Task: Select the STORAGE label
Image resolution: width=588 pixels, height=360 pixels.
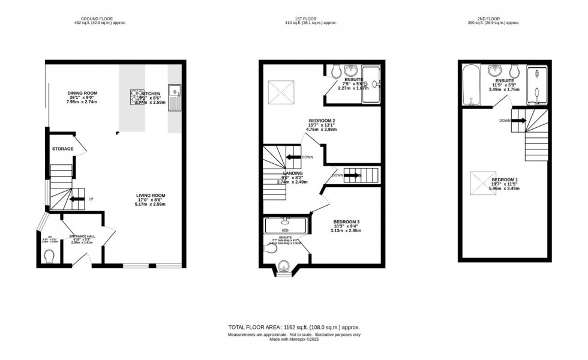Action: [62, 149]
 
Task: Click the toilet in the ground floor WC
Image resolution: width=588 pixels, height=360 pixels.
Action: [50, 257]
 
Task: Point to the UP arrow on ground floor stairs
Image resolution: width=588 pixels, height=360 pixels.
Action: [77, 200]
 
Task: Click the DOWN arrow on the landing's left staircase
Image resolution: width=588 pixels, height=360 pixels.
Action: [293, 157]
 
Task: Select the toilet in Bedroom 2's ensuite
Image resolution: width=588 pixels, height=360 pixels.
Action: [335, 71]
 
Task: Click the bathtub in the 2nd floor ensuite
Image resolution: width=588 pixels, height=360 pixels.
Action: [472, 85]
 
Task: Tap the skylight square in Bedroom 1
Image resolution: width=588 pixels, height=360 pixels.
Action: [481, 181]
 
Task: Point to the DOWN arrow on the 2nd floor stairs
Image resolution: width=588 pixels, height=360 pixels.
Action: [518, 120]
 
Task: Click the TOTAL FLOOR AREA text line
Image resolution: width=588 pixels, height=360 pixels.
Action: [293, 327]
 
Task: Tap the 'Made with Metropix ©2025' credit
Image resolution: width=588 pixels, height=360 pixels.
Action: [293, 341]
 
